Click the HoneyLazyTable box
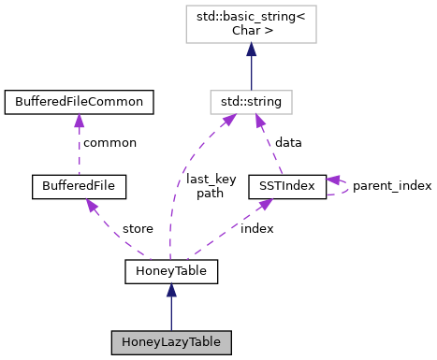pos(170,341)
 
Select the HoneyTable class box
pos(170,271)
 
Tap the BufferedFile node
pos(79,185)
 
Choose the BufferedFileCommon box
pos(79,100)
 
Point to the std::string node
pos(252,100)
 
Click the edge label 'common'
pos(109,143)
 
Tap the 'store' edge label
pos(138,228)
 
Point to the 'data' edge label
pos(289,143)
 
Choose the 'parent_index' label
pos(392,185)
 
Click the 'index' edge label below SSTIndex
pos(256,228)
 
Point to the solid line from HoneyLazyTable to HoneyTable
pos(170,314)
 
